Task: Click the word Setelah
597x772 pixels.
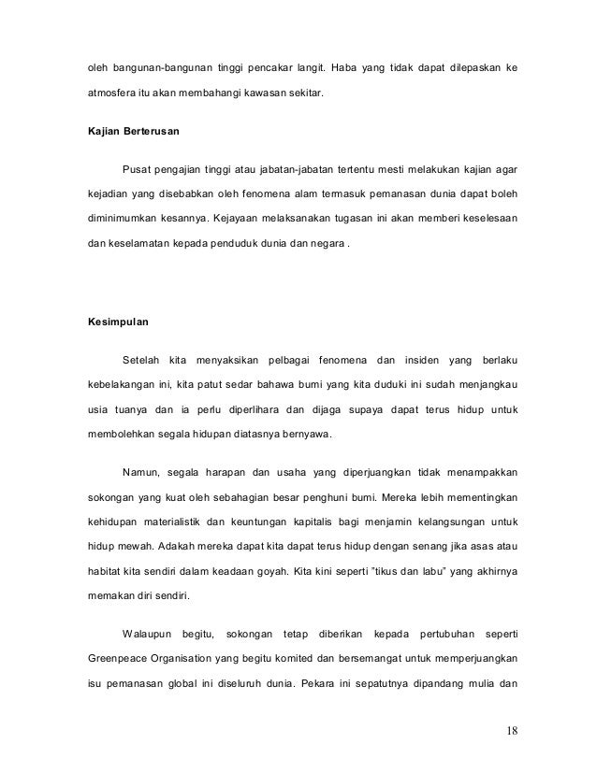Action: [140, 360]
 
